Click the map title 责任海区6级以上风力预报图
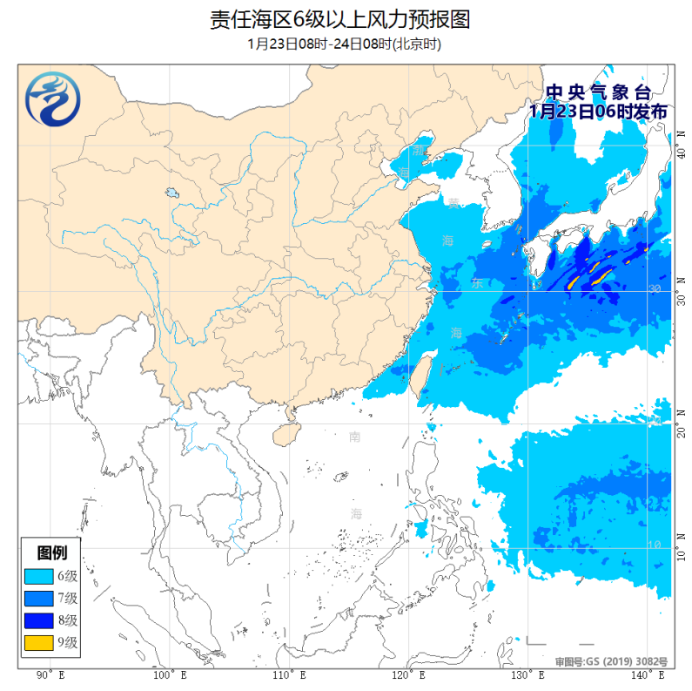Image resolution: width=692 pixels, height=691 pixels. pos(346,19)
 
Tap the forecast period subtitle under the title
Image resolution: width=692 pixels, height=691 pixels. pos(346,44)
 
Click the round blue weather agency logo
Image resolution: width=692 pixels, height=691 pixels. pos(50,99)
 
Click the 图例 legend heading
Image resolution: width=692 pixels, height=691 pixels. pos(50,552)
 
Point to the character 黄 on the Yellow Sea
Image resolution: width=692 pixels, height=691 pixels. pos(453,204)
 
